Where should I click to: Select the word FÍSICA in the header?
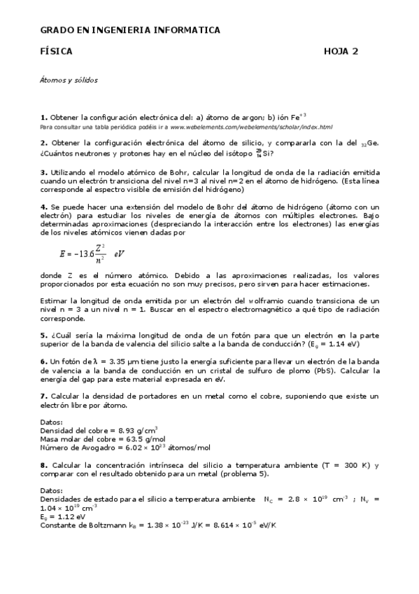[x=56, y=52]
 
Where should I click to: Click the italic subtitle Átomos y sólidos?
[x=69, y=80]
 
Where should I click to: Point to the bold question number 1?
[x=43, y=117]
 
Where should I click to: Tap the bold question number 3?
[x=43, y=172]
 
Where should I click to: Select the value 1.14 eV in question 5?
[x=343, y=345]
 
